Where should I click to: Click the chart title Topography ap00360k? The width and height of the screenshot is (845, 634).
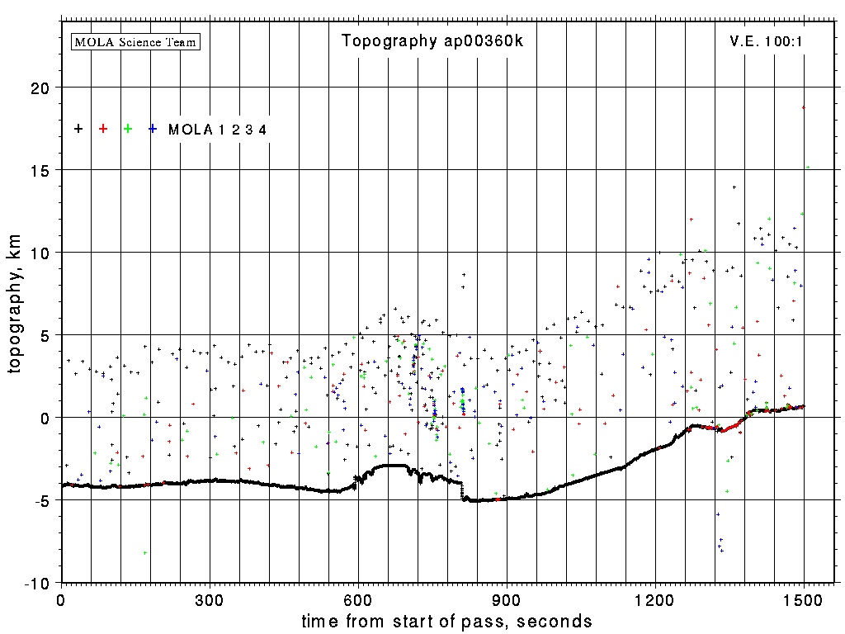(432, 41)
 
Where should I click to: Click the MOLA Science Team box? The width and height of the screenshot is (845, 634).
(136, 41)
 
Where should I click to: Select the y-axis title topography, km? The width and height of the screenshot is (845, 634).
(15, 310)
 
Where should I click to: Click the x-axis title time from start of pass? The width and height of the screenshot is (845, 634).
(446, 621)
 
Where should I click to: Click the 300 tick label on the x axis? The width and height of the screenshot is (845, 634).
(210, 600)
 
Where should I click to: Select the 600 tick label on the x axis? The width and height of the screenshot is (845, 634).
(358, 600)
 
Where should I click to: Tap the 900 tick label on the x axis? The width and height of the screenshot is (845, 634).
(507, 600)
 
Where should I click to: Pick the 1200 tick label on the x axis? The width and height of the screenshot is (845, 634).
(655, 600)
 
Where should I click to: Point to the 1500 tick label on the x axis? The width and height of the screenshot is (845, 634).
(804, 600)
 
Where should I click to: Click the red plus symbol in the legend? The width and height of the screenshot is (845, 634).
(103, 129)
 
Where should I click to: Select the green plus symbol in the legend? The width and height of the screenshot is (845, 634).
(128, 129)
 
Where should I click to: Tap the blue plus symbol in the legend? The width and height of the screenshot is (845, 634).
(153, 129)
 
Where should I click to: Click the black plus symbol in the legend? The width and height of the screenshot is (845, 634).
(78, 129)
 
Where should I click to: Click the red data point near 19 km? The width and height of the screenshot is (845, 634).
(803, 107)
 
